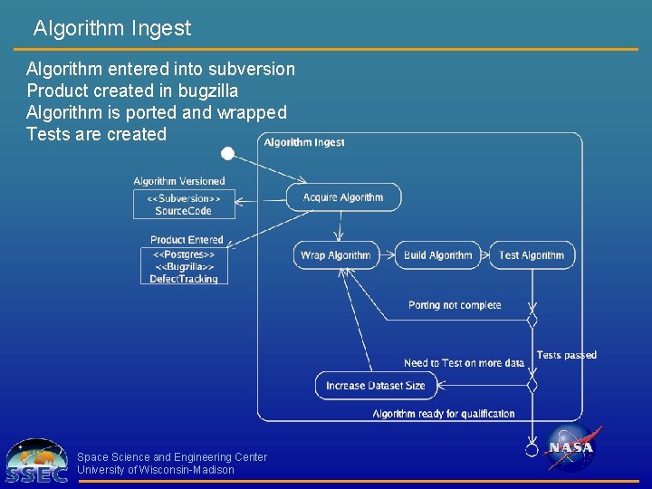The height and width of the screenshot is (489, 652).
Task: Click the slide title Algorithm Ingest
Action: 112,28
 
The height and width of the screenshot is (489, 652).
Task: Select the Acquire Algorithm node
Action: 343,197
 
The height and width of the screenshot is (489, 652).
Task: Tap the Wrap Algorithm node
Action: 336,255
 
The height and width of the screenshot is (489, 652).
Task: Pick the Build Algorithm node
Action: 438,255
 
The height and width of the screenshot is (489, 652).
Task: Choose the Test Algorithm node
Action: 532,255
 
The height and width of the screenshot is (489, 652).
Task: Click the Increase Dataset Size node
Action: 375,386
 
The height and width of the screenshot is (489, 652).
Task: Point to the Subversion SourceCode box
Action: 184,204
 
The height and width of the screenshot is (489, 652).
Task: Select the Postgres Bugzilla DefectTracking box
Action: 184,266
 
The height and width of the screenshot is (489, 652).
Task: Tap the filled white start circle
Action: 228,153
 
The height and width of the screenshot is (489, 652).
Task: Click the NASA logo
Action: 570,447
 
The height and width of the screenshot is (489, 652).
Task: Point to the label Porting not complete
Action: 455,305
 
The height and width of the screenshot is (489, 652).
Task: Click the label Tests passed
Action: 567,355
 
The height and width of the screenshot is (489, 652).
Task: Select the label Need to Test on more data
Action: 464,363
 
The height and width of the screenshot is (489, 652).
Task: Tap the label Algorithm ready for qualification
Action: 444,414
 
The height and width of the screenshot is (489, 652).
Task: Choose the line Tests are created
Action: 97,134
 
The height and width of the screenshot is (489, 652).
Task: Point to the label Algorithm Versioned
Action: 179,181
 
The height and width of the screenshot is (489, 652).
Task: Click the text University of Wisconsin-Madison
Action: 156,470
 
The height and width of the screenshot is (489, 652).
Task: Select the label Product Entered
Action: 187,240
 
